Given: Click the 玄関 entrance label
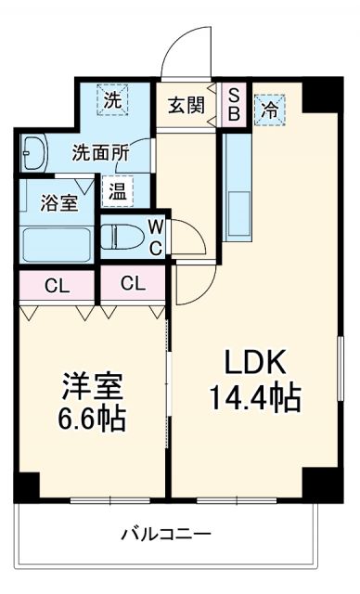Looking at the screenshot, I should (185, 104).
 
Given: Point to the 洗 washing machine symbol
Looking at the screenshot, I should (112, 100).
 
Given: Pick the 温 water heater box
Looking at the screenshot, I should (117, 193).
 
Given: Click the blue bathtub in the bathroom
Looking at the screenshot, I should (56, 244).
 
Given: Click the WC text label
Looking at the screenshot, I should (156, 236).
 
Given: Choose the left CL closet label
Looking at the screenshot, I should (55, 285).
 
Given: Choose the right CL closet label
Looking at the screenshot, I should (133, 284).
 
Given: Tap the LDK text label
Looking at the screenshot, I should (252, 363).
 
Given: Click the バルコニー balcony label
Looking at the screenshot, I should (166, 535).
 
